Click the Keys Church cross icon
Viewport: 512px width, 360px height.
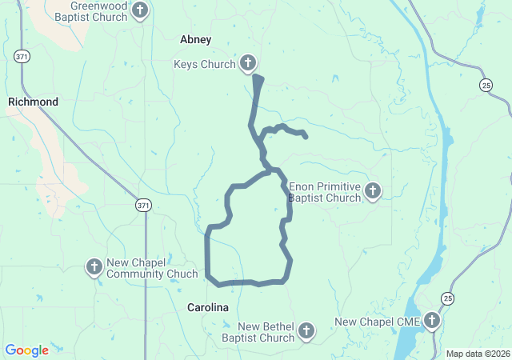point(248,64)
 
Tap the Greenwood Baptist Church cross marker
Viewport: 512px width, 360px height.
point(140,10)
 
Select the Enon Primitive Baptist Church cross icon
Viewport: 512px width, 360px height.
point(372,191)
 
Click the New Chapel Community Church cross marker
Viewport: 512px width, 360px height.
point(94,266)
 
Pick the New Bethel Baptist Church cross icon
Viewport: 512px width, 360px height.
point(306,331)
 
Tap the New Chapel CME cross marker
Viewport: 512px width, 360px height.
point(432,322)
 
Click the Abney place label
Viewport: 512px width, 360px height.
point(196,39)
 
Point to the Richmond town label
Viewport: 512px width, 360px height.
point(33,102)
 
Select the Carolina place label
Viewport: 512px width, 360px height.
point(208,307)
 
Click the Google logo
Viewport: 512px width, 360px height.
point(26,350)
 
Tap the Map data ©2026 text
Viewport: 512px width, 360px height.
point(477,354)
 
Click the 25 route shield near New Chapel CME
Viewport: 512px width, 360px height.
point(448,298)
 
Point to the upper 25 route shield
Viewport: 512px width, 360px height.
point(486,84)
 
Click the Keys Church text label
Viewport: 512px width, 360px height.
point(205,64)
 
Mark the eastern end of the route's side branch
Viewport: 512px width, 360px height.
point(306,136)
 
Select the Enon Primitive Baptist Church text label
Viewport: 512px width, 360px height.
point(324,192)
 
